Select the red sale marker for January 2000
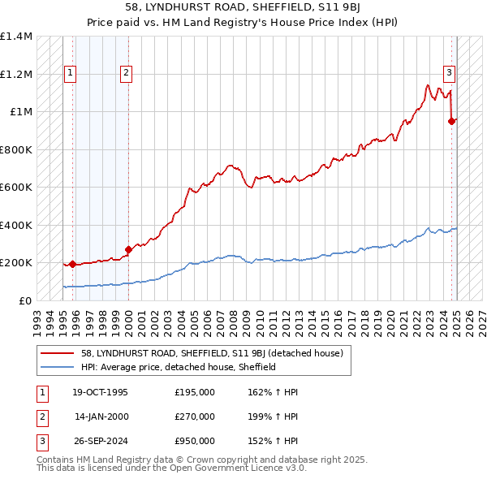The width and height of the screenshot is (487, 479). pyautogui.click(x=128, y=250)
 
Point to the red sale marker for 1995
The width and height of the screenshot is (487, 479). pyautogui.click(x=73, y=264)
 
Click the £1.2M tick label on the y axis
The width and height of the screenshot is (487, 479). pyautogui.click(x=16, y=74)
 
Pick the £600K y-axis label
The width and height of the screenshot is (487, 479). pyautogui.click(x=16, y=187)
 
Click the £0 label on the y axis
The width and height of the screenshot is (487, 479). pyautogui.click(x=24, y=300)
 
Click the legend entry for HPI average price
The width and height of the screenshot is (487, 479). pyautogui.click(x=179, y=367)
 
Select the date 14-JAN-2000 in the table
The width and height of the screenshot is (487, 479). pyautogui.click(x=101, y=416)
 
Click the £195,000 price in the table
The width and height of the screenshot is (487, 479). pyautogui.click(x=195, y=392)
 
